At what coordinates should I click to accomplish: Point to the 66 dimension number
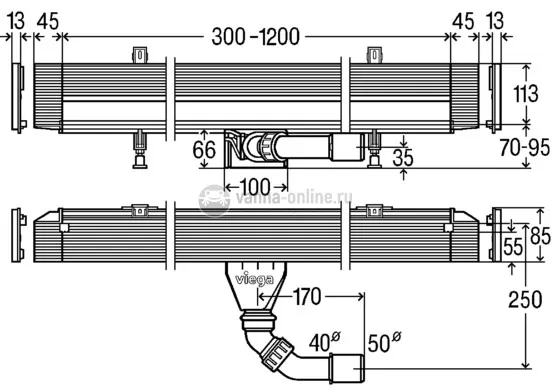pyautogui.click(x=204, y=152)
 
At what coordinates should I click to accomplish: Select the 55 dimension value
pyautogui.click(x=513, y=245)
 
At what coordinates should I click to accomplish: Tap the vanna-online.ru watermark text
pyautogui.click(x=290, y=199)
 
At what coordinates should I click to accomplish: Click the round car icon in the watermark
pyautogui.click(x=212, y=198)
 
